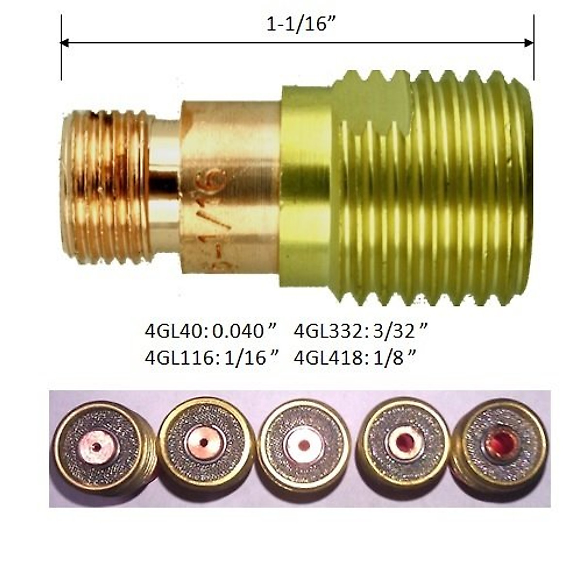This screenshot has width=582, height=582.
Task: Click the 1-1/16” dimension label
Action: [298, 24]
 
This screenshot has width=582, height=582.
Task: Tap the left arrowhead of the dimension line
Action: [65, 43]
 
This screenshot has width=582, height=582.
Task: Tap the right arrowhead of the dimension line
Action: [529, 43]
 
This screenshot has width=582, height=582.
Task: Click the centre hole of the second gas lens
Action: [204, 442]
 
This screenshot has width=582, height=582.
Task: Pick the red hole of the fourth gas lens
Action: [405, 441]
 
